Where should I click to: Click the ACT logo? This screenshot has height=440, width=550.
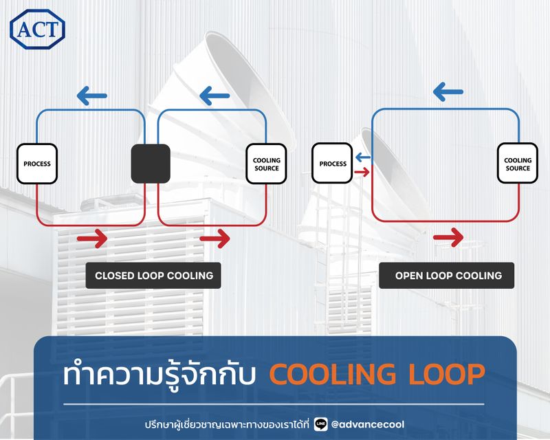pos(37,28)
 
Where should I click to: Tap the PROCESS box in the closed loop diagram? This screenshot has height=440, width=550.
pos(37,164)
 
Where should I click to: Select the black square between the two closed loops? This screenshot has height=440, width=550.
pos(151,164)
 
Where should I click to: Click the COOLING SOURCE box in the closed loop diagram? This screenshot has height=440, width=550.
pos(267,164)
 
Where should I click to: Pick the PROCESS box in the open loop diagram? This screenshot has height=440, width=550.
pos(333,164)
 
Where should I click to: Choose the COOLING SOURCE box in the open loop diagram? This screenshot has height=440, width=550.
pos(518,164)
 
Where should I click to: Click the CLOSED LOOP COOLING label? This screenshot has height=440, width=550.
pos(153,276)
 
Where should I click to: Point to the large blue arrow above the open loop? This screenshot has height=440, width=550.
pos(449,90)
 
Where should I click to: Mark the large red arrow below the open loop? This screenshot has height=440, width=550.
pos(449,238)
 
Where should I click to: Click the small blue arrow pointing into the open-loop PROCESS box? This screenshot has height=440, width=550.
pos(363,157)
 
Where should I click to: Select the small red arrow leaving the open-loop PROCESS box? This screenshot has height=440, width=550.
pos(362,170)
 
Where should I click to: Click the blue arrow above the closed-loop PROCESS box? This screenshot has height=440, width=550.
pos(91,94)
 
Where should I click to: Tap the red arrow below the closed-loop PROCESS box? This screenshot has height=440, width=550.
pos(92,239)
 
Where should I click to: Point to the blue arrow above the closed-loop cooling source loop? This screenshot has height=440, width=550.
pos(214,94)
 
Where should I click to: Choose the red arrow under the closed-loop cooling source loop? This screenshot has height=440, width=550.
pos(214,239)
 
